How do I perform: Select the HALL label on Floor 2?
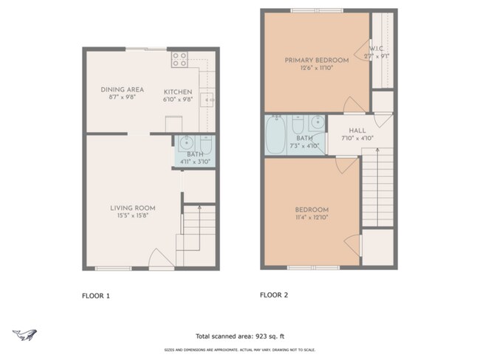[x=347, y=130]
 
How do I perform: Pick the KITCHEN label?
[x=177, y=92]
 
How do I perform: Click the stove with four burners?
[x=179, y=60]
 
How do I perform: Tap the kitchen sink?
[x=208, y=97]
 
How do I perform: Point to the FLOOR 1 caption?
[x=95, y=296]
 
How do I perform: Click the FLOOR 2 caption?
[x=275, y=295]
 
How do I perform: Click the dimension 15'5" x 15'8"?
[x=125, y=216]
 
